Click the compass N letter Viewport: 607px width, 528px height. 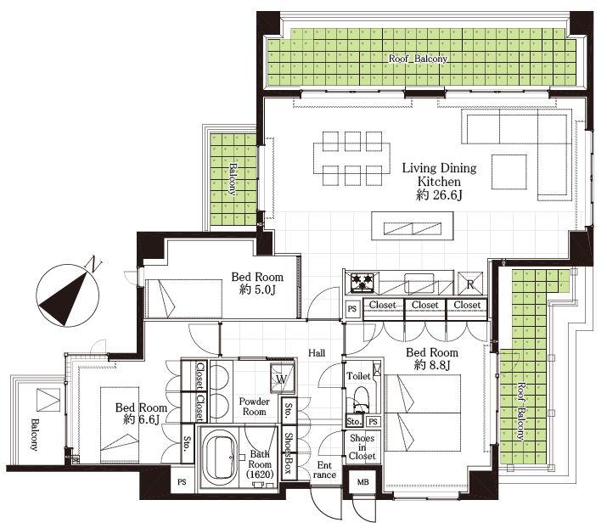[x=95, y=264]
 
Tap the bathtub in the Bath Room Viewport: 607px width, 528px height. [x=220, y=458]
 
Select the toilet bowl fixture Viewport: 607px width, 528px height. [x=362, y=400]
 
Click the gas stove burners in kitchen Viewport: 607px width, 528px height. [x=362, y=283]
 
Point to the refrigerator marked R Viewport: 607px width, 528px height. [x=470, y=284]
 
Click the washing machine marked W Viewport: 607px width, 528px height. [x=282, y=379]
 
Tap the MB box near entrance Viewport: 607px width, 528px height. [x=363, y=482]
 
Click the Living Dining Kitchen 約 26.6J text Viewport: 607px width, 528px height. [x=440, y=182]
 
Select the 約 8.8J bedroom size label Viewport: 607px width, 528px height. [x=432, y=365]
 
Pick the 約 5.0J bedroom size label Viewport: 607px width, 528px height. [x=257, y=289]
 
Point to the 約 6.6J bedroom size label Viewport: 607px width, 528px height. [x=141, y=419]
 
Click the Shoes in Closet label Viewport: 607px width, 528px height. [x=362, y=447]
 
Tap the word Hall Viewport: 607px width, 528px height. [x=317, y=353]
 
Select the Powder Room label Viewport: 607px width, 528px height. [x=255, y=407]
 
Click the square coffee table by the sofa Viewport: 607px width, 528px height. [x=509, y=171]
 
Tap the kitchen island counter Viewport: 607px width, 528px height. [x=413, y=226]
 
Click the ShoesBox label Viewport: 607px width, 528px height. [x=289, y=453]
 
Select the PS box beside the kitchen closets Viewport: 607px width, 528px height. [x=351, y=309]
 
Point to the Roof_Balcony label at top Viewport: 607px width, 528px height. [x=418, y=59]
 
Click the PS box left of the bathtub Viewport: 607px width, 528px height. [x=182, y=482]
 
